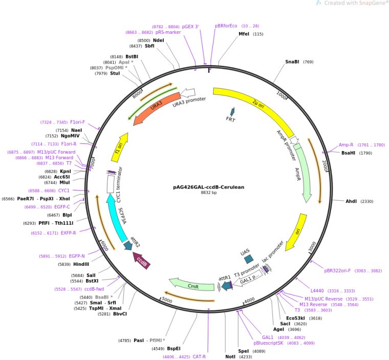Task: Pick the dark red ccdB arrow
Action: (x=142, y=258)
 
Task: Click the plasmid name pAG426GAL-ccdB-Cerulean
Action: (x=206, y=187)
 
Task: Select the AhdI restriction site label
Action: (x=353, y=202)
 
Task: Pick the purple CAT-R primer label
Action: (x=199, y=356)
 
